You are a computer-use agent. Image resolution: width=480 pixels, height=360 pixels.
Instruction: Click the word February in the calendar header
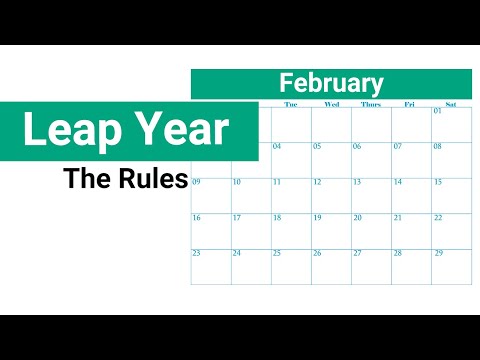pyautogui.click(x=331, y=83)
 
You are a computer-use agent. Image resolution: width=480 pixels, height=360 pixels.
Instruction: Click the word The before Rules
pyautogui.click(x=84, y=179)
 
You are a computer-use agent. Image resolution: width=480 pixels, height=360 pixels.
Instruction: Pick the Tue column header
pyautogui.click(x=291, y=104)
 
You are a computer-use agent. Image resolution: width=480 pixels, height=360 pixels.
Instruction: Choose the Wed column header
pyautogui.click(x=331, y=104)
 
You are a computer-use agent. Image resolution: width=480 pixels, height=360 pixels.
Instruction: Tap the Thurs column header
pyautogui.click(x=371, y=104)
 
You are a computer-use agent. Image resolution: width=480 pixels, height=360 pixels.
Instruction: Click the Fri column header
pyautogui.click(x=410, y=104)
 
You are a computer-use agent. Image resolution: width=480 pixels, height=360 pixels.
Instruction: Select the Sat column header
pyautogui.click(x=451, y=104)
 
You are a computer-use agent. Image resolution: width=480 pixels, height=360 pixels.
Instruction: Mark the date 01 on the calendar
pyautogui.click(x=438, y=111)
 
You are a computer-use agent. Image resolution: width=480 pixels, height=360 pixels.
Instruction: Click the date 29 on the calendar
pyautogui.click(x=438, y=253)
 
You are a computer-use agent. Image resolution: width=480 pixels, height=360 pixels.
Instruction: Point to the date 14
pyautogui.click(x=397, y=182)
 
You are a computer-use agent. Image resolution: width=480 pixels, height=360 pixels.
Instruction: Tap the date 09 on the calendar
pyautogui.click(x=196, y=182)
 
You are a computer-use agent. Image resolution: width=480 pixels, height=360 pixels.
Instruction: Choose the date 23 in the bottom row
pyautogui.click(x=196, y=253)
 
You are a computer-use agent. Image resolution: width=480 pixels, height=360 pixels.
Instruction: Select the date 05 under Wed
pyautogui.click(x=317, y=146)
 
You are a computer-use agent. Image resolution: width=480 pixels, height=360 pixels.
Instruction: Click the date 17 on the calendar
pyautogui.click(x=236, y=218)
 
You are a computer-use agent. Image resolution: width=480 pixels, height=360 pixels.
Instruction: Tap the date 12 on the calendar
pyautogui.click(x=317, y=182)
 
